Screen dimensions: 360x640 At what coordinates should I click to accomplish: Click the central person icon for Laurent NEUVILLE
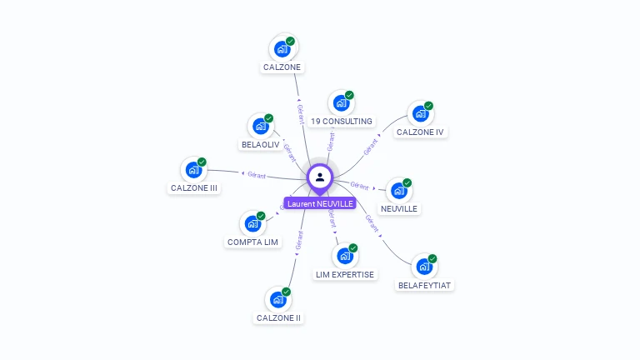coord(320,177)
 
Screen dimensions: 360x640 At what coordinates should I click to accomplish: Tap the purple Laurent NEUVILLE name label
coord(320,203)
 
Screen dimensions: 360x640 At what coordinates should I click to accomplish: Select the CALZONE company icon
coord(282,49)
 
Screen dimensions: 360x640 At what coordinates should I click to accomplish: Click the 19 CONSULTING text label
coord(341,122)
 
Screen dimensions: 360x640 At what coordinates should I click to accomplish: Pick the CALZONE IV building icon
coord(420,114)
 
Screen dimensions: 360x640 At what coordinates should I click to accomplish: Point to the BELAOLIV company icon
coord(260,127)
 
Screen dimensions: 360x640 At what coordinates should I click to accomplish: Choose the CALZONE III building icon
coord(193,170)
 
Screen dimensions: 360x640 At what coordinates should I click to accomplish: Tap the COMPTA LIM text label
coord(252,242)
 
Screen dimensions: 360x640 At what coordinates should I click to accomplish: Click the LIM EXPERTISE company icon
coord(344,256)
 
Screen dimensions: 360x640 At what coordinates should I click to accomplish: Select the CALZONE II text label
coord(278,318)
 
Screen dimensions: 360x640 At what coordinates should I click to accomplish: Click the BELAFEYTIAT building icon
coord(424,267)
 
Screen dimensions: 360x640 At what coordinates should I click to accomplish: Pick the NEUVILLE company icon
coord(398,191)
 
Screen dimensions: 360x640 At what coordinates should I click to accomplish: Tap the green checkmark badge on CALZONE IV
coord(429,106)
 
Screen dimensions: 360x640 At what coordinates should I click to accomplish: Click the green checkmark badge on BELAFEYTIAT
coord(432,258)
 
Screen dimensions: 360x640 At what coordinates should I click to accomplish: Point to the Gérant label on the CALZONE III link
coord(255,174)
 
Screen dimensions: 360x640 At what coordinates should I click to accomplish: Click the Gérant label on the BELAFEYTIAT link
coord(372,222)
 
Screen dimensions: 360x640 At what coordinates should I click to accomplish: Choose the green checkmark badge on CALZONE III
coord(202,162)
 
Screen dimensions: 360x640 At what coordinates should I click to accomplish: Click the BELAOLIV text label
coord(260,145)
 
